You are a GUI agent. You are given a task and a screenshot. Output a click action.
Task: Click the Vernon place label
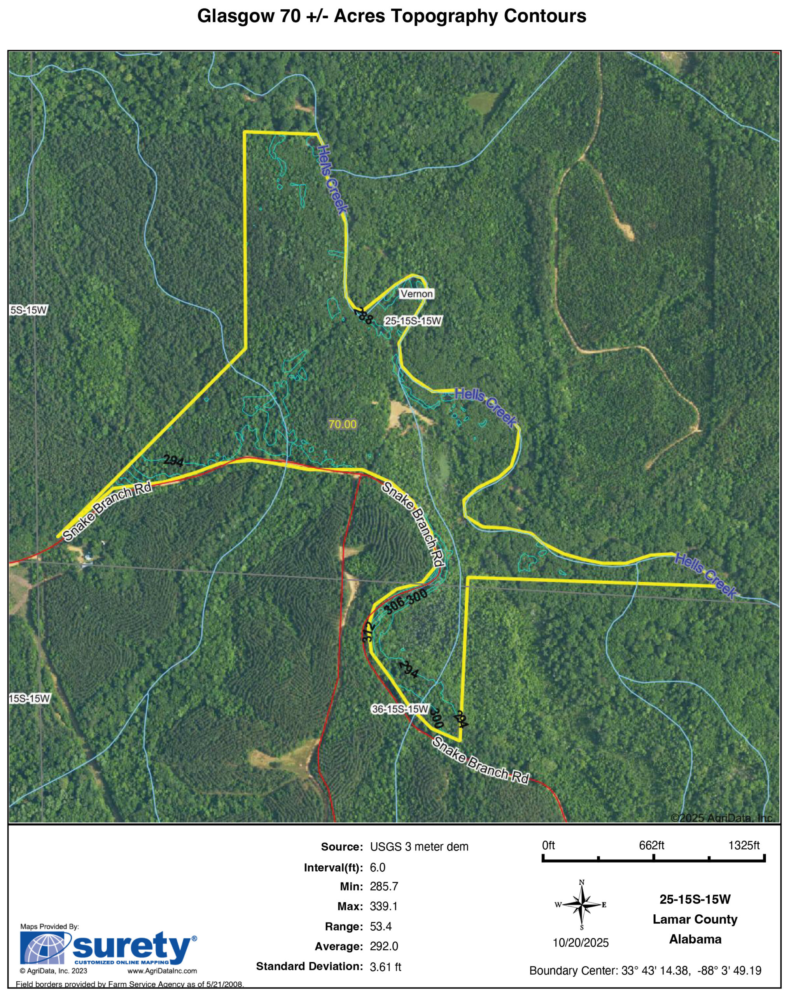click(x=416, y=294)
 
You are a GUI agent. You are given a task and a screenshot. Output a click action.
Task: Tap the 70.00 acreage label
click(x=342, y=424)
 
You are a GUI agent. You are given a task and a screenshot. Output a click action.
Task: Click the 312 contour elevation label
click(x=367, y=631)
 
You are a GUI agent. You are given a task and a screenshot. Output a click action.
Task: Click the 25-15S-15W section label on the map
click(x=413, y=321)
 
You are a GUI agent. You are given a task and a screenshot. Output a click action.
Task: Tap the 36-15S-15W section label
click(x=400, y=709)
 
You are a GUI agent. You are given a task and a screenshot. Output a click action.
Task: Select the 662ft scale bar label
click(x=651, y=845)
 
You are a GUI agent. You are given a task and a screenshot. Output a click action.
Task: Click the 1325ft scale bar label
click(x=743, y=845)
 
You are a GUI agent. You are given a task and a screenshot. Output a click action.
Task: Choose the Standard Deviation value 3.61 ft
click(x=385, y=966)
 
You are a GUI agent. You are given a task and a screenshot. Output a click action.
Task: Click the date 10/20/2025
click(x=581, y=943)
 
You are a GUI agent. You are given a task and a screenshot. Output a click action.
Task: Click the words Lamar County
click(x=695, y=919)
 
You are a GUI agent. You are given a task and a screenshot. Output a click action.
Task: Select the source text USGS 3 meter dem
click(x=419, y=847)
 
